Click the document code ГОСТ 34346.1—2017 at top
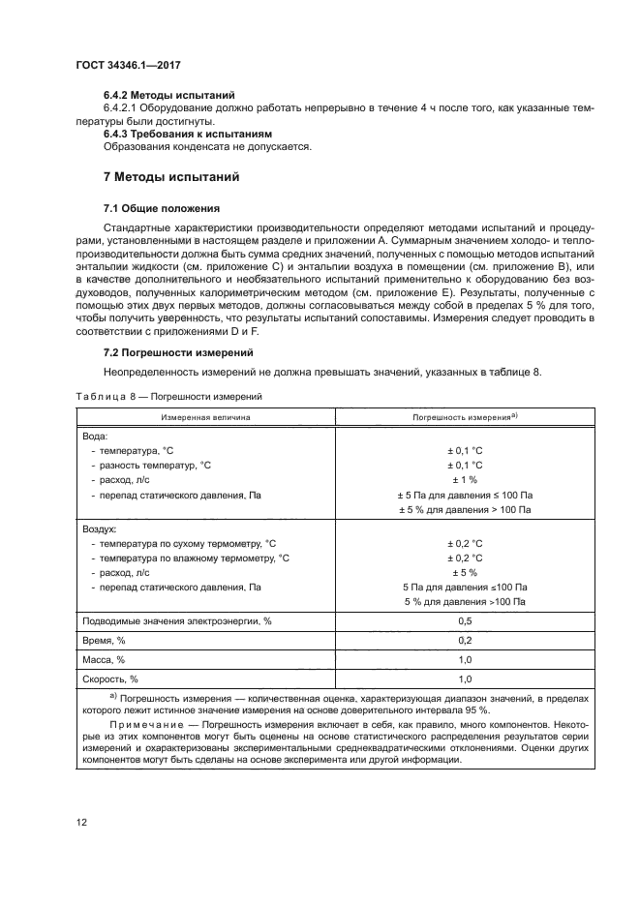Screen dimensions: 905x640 [x=129, y=64]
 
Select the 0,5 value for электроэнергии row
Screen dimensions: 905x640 [x=465, y=620]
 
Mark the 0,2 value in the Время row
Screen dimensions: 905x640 [x=465, y=640]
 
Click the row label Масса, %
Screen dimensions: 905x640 [x=105, y=659]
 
